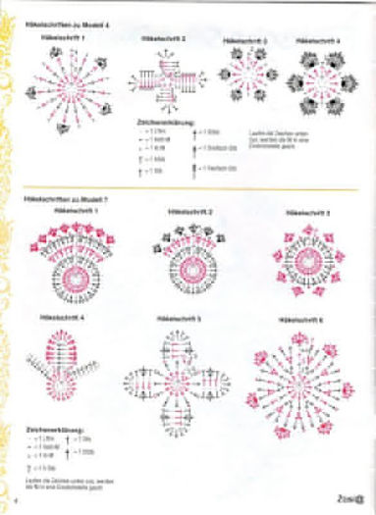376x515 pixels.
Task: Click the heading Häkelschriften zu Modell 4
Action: point(56,27)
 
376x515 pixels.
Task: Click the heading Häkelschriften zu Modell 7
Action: point(56,198)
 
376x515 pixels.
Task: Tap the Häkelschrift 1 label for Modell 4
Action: point(64,37)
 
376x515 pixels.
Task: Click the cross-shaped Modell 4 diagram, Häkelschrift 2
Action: point(164,78)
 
